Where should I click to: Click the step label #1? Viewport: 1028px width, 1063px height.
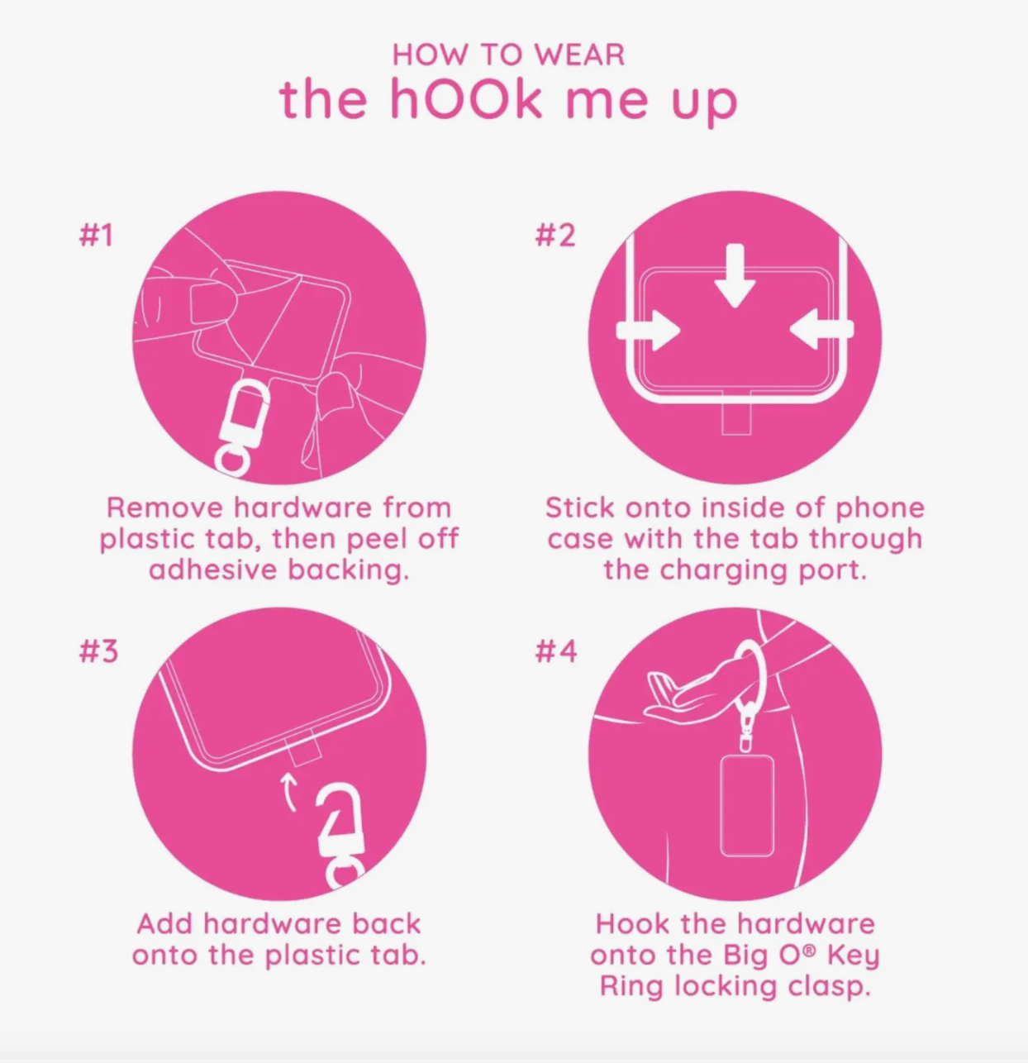(96, 236)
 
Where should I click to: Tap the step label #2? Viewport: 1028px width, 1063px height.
(555, 236)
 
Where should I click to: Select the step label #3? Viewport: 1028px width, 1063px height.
(98, 651)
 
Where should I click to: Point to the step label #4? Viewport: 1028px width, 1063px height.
(556, 651)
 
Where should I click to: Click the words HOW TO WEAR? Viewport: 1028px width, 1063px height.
(508, 55)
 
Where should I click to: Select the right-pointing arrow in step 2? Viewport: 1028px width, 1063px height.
(649, 329)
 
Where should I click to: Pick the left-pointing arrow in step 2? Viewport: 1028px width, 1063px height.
(821, 329)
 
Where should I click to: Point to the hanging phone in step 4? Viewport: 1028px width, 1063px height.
(747, 805)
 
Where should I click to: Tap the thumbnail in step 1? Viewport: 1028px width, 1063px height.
(210, 303)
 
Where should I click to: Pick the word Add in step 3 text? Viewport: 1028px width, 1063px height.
(165, 924)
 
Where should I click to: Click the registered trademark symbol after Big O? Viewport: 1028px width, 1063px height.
(810, 951)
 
